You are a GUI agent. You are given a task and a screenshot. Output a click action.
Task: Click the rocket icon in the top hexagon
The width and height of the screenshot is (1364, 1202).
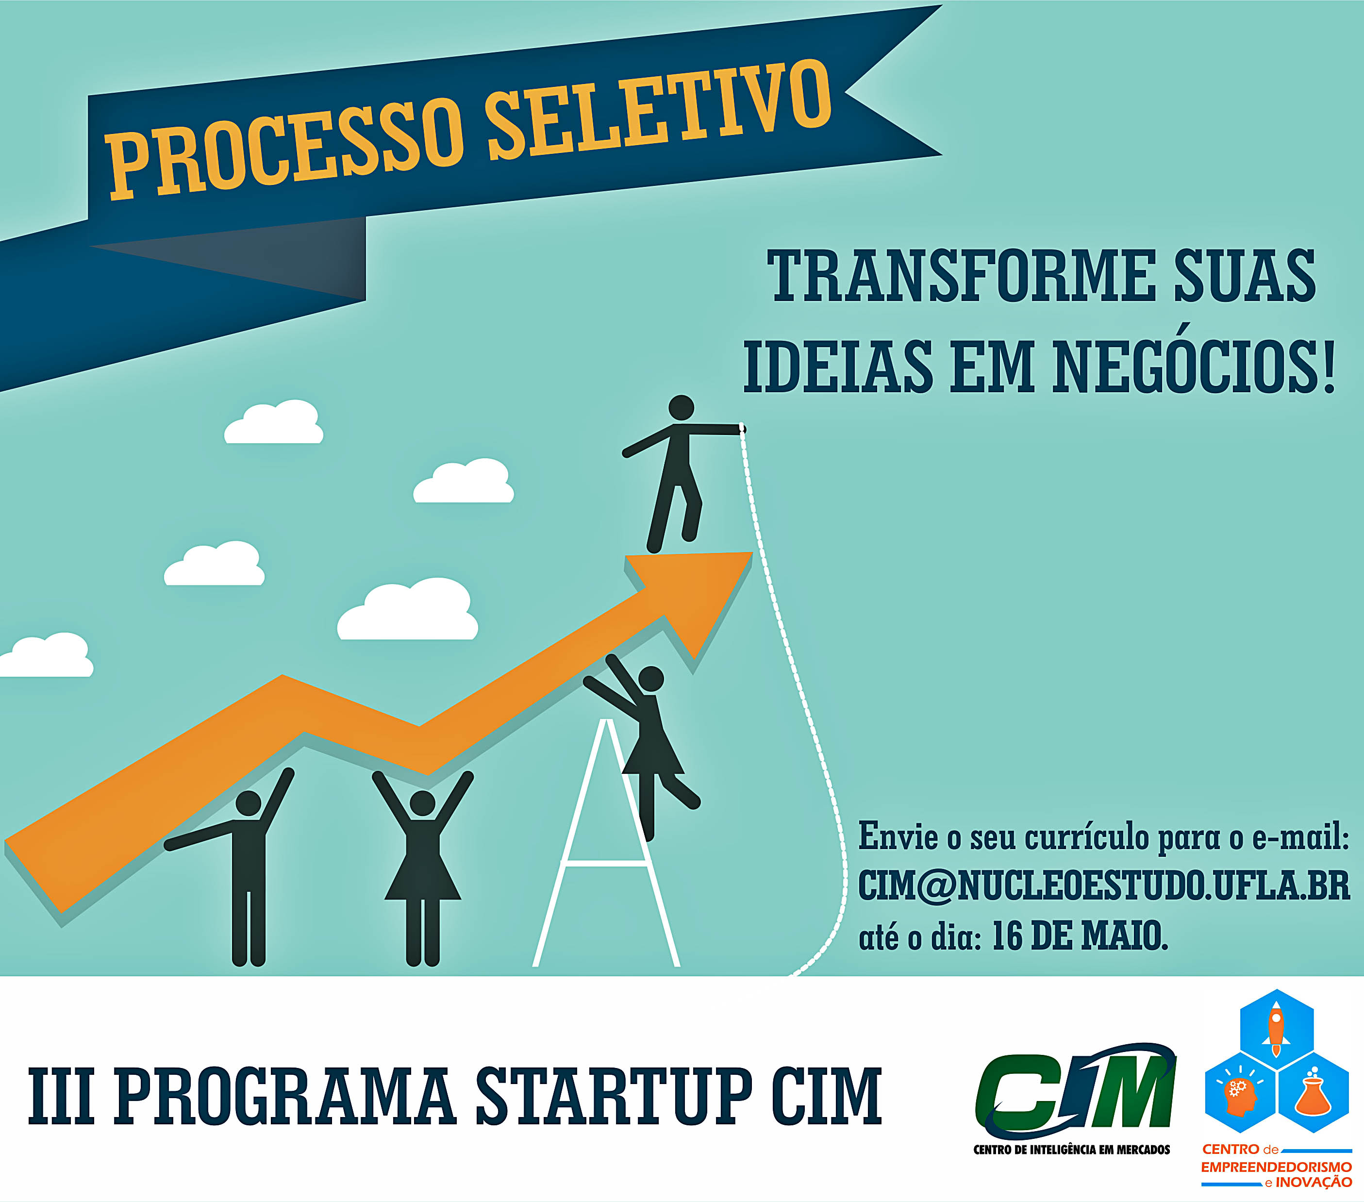point(1276,1031)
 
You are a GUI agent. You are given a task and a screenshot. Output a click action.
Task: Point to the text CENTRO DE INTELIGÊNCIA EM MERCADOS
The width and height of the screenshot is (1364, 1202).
point(1072,1149)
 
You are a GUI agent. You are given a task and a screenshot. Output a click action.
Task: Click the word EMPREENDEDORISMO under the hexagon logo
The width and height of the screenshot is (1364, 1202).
point(1276,1168)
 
